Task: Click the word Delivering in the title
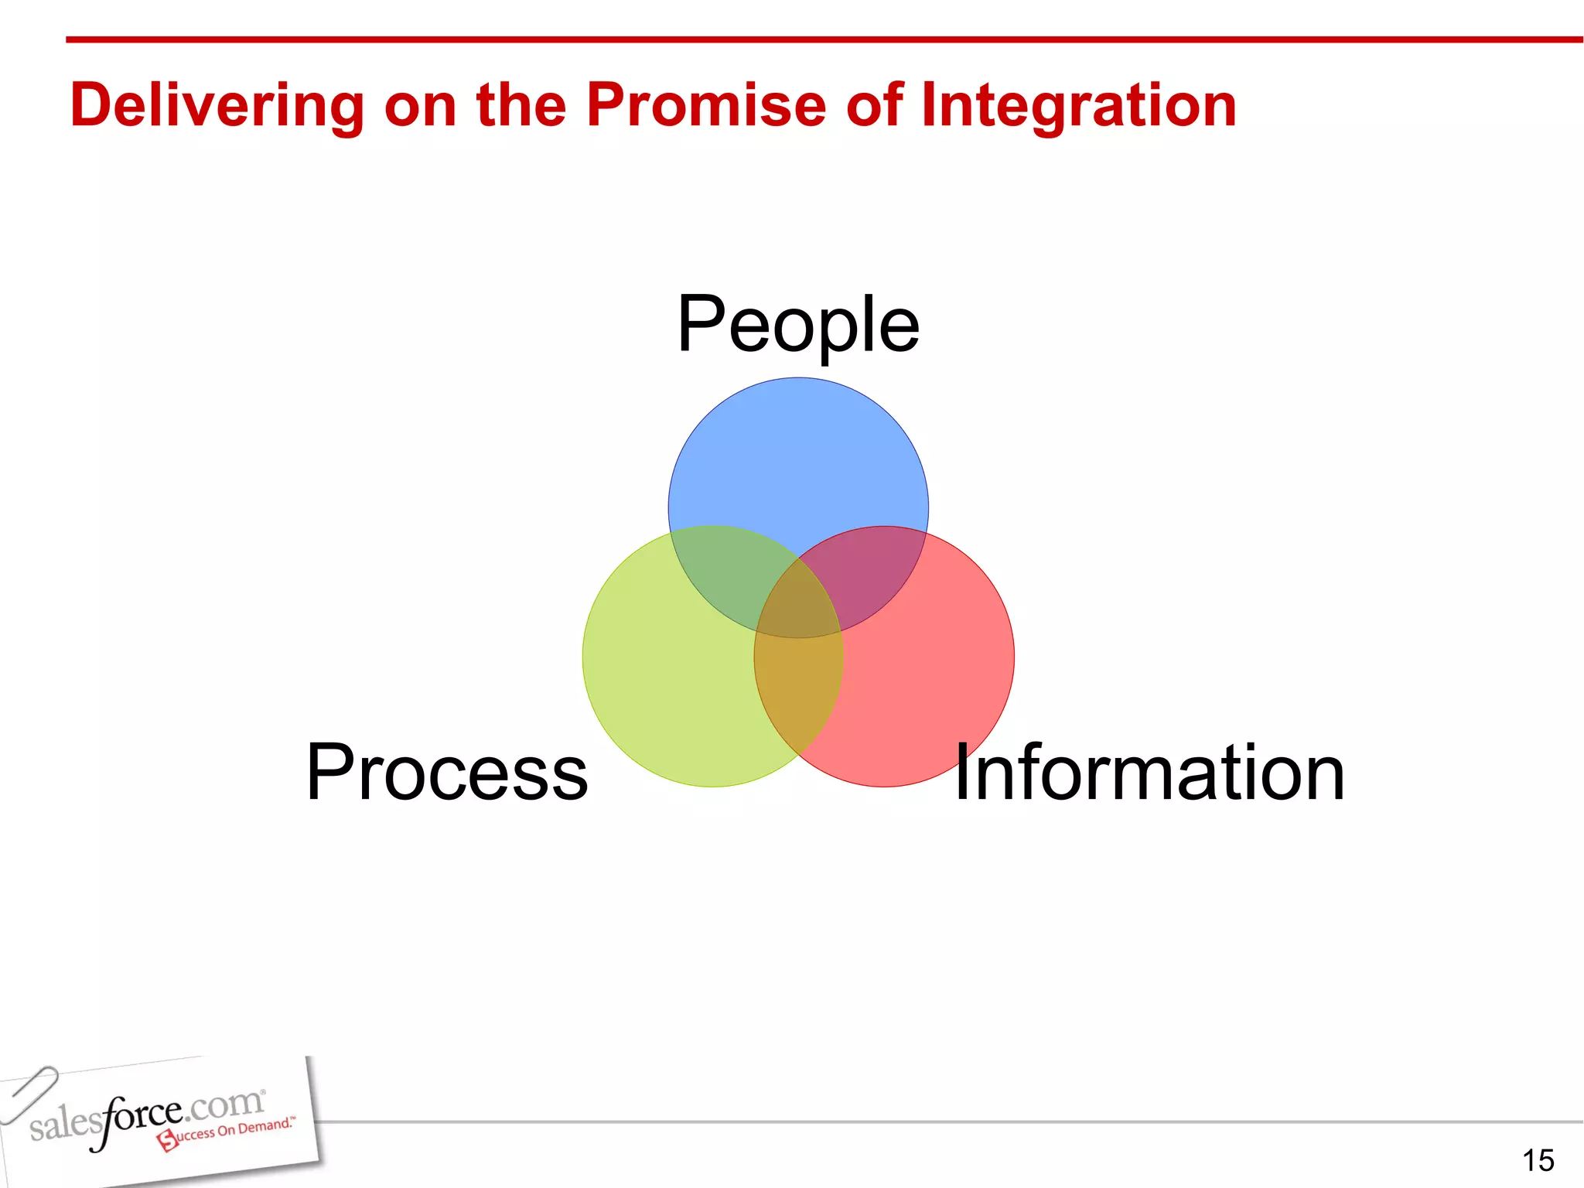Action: [217, 106]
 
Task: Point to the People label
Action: [798, 325]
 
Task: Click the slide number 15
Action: [1538, 1160]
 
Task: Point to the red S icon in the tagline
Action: [167, 1140]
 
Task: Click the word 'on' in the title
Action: [420, 106]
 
